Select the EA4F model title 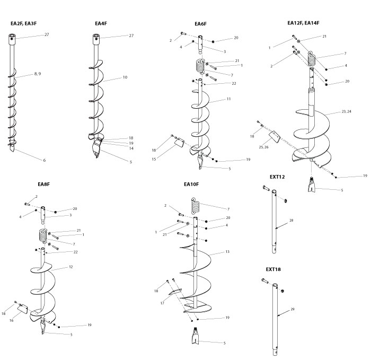[x=101, y=24]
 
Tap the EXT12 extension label [x=277, y=177]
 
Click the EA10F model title [x=191, y=185]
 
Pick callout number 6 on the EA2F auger [x=44, y=160]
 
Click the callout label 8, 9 [x=39, y=74]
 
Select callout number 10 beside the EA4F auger [x=125, y=77]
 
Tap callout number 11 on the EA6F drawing [x=229, y=99]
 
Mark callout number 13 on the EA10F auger [x=227, y=251]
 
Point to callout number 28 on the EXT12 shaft [x=291, y=219]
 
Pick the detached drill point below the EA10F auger [x=195, y=337]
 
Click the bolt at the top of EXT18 [x=266, y=281]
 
